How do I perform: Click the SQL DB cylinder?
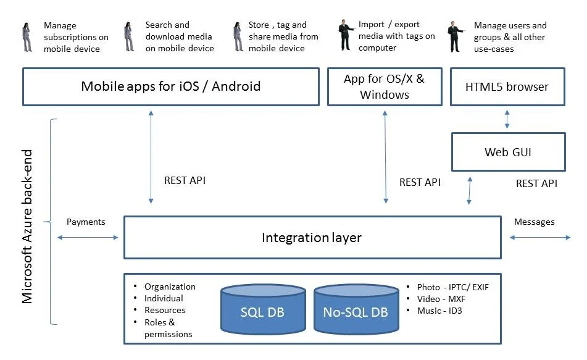[263, 309]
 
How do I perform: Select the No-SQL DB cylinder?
[356, 309]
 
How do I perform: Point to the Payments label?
[86, 222]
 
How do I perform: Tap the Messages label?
[534, 222]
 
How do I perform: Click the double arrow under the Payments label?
[88, 238]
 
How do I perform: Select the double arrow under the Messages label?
[540, 238]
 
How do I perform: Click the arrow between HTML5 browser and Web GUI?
[507, 119]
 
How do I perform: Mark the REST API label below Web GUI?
[536, 183]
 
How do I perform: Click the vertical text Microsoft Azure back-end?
[27, 226]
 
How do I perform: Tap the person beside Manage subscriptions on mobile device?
[27, 36]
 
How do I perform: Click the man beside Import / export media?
[346, 35]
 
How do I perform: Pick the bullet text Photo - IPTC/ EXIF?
[453, 287]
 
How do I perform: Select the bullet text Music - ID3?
[439, 311]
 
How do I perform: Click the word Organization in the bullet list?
[170, 287]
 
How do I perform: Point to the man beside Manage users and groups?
[456, 36]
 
